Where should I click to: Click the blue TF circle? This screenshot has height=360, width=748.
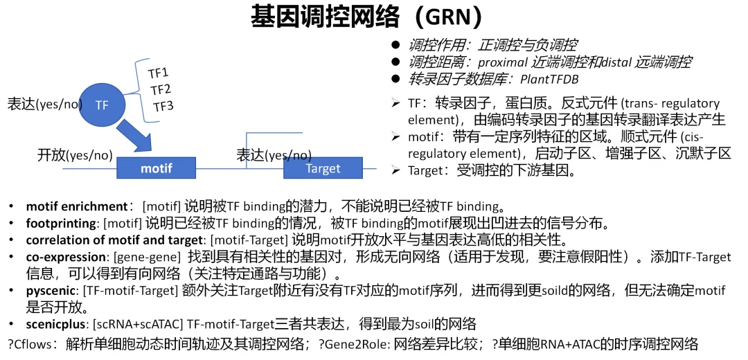point(103,105)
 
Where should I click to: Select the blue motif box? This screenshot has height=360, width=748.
point(156,168)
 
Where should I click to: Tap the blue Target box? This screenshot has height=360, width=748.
point(323,168)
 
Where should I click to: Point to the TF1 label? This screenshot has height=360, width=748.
point(159,73)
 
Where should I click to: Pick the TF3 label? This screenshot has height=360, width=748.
point(163,106)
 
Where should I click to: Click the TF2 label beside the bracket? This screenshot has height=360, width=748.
point(161,89)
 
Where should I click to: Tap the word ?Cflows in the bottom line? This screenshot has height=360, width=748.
point(30,343)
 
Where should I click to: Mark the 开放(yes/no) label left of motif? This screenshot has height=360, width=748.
point(75,155)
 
